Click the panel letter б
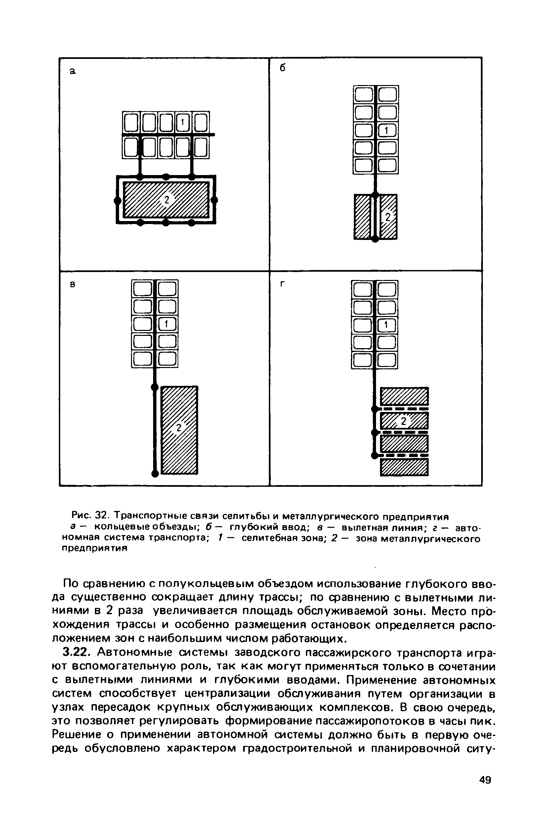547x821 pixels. coord(282,68)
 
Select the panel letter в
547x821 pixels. coord(72,285)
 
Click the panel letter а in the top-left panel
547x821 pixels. coord(72,71)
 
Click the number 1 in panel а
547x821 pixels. coord(182,122)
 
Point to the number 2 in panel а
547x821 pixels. coord(167,200)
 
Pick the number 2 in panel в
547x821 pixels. coord(179,427)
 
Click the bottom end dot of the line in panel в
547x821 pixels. coord(155,473)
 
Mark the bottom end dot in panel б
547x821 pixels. coord(375,239)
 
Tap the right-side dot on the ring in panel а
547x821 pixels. coord(215,200)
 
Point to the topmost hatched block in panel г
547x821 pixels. coord(404,397)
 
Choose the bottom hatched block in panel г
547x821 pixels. coord(404,467)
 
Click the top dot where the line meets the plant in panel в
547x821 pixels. coord(154,387)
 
